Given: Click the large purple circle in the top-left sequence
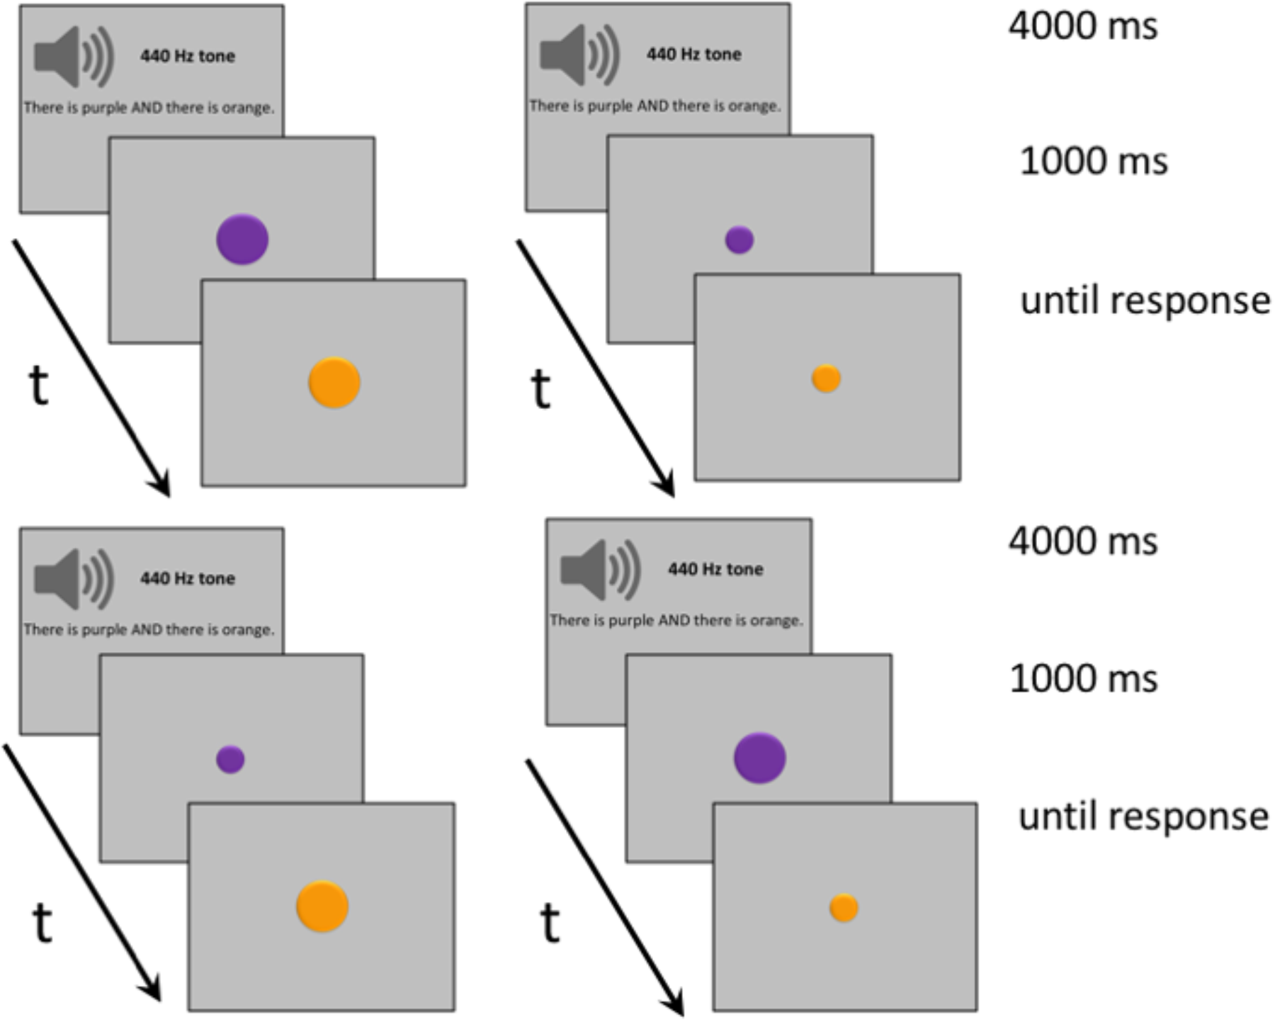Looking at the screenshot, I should tap(242, 240).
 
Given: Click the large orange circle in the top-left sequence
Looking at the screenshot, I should tap(334, 383).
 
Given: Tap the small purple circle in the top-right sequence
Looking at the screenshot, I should tap(739, 240).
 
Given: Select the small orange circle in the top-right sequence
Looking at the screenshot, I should tap(826, 378).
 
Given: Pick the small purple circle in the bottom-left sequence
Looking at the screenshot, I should tap(230, 759).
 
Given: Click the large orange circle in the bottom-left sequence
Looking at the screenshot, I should tap(322, 906).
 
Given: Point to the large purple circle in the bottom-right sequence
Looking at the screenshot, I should tap(759, 758).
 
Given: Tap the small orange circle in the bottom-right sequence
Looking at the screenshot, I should tap(844, 908).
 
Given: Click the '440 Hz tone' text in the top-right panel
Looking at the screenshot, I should tap(693, 55).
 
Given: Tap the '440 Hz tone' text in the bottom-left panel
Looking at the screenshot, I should tap(187, 578).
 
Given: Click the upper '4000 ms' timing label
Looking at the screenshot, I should tap(1082, 27).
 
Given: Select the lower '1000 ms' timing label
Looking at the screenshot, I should tap(1082, 679).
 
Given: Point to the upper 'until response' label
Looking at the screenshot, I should tap(1144, 301).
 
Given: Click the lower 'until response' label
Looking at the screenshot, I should tap(1143, 816).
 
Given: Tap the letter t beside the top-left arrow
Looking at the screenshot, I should tap(40, 386).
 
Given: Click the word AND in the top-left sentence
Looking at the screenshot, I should tap(147, 108).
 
